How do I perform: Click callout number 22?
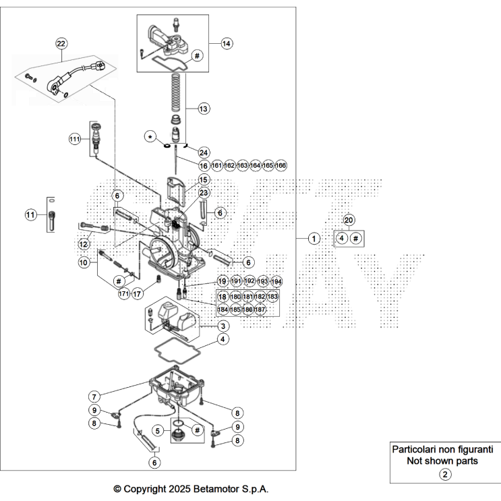click(61, 44)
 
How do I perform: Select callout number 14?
click(226, 43)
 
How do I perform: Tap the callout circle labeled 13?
click(204, 108)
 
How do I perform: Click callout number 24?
click(204, 152)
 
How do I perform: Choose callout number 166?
click(281, 165)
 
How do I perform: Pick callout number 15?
click(204, 180)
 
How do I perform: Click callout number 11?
click(30, 215)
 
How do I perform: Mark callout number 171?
click(123, 294)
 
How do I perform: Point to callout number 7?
click(95, 396)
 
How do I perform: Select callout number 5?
click(157, 430)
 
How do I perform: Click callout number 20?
click(349, 220)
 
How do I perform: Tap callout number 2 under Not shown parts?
click(445, 474)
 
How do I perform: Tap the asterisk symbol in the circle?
click(150, 137)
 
